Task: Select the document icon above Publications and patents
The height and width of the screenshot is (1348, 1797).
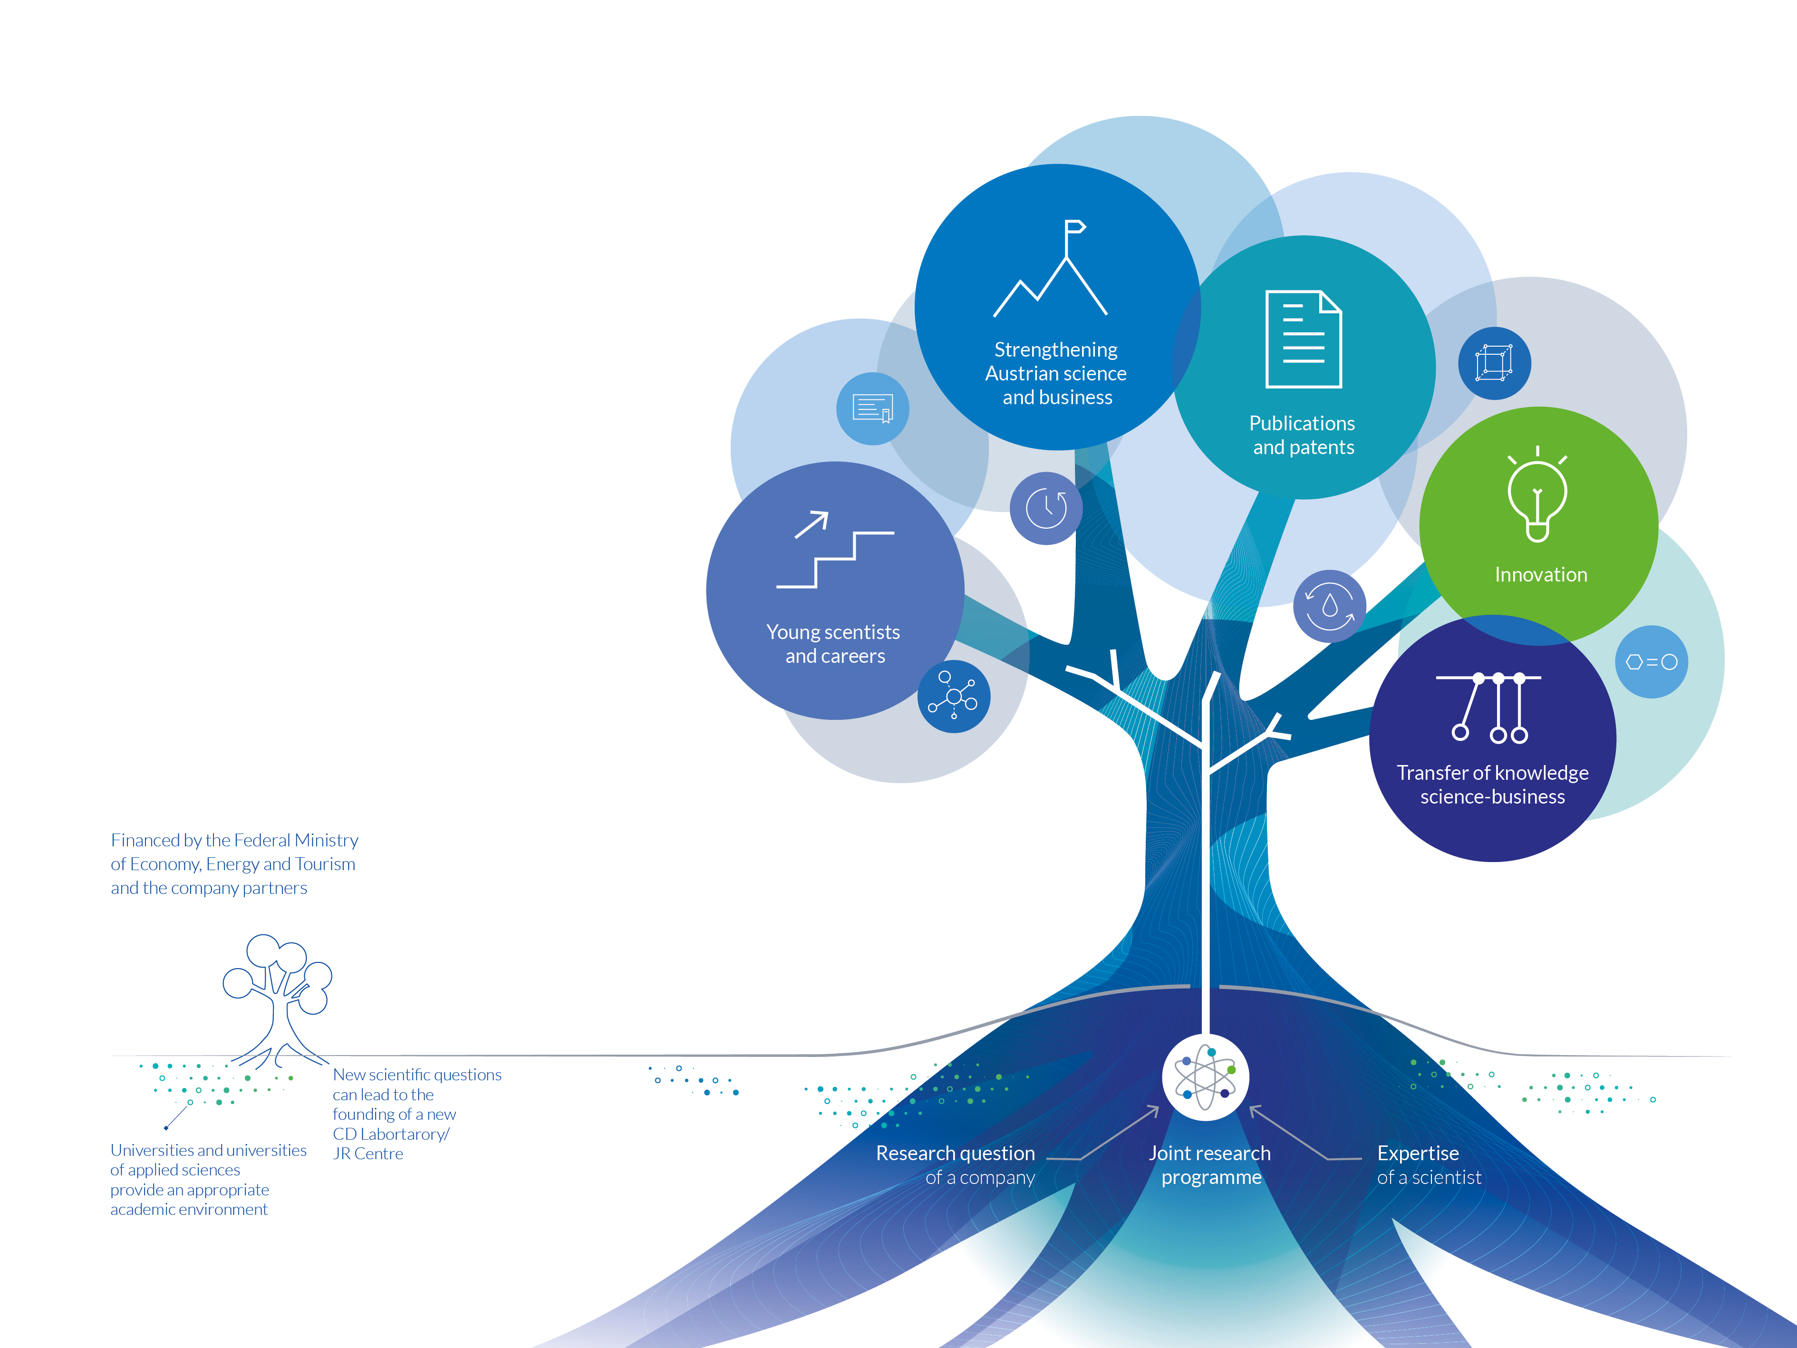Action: pos(1303,339)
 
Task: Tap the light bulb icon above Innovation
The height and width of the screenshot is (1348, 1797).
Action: pos(1537,493)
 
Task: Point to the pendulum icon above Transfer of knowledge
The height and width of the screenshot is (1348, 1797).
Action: pos(1488,708)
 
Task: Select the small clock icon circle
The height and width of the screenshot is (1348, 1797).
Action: pos(1046,508)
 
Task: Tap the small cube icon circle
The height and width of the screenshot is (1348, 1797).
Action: pos(1494,362)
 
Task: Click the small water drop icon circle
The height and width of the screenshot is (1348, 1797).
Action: pos(1329,606)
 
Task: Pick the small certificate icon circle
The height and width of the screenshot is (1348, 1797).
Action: pos(872,408)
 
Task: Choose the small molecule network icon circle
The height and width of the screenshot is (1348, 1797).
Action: pos(954,696)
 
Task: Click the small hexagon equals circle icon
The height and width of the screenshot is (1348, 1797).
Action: pos(1652,661)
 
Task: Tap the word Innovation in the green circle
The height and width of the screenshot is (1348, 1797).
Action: pos(1540,574)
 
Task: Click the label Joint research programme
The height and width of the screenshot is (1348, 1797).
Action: pos(1210,1165)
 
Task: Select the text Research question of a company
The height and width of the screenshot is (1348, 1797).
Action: pos(956,1165)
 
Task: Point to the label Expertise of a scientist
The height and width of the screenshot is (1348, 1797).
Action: pos(1429,1165)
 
